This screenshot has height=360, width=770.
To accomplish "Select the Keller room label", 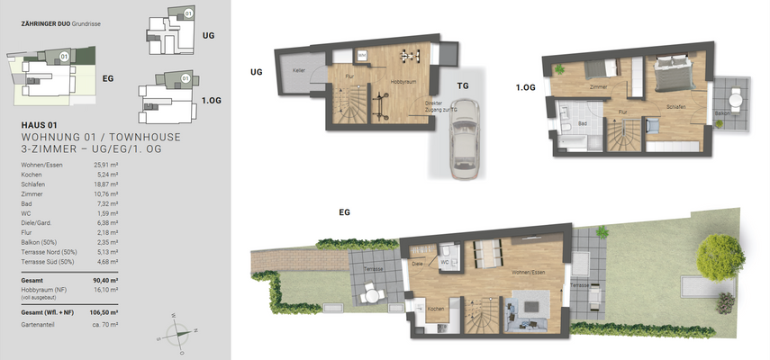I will tap(298, 70).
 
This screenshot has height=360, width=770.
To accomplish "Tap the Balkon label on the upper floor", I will tap(720, 112).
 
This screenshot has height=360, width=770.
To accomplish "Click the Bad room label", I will tap(583, 122).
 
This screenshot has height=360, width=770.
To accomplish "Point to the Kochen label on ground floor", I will tap(436, 309).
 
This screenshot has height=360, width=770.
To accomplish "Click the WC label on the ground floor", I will tap(444, 264).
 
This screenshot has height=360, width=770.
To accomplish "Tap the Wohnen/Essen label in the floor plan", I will tap(503, 273).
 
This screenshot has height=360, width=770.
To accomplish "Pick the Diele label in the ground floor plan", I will tap(417, 264).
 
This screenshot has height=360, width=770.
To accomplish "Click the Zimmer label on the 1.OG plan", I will tap(597, 88).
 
